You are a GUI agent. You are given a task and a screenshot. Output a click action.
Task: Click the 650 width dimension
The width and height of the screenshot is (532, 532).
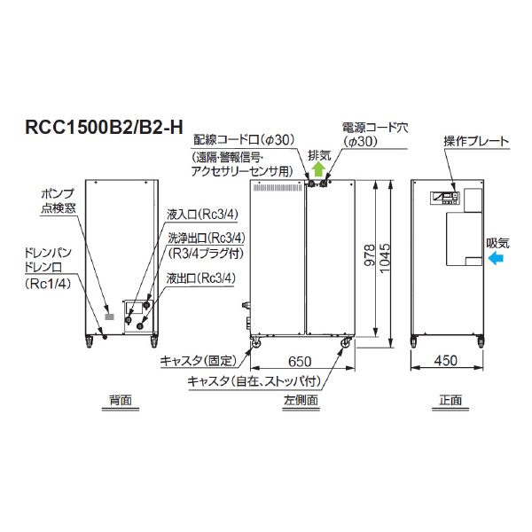point(300,361)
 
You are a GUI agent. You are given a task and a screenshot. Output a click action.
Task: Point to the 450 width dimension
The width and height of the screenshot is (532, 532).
point(448,361)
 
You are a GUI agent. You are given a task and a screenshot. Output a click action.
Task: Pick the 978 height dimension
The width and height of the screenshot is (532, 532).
point(370,257)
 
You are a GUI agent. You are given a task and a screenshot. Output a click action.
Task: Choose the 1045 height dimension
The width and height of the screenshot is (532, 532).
point(386,257)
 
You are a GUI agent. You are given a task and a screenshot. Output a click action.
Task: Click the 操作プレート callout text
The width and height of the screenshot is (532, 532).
point(475,142)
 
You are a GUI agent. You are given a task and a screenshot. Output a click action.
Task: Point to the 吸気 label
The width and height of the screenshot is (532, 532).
point(498,242)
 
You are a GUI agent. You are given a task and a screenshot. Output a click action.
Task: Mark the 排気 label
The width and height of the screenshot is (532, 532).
point(319,154)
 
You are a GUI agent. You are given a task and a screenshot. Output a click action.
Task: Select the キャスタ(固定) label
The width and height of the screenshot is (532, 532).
point(196,361)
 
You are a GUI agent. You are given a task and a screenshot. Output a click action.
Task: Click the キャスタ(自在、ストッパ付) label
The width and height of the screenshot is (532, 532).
point(249,381)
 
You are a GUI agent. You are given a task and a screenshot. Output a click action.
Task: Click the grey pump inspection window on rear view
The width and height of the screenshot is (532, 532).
point(110,315)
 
